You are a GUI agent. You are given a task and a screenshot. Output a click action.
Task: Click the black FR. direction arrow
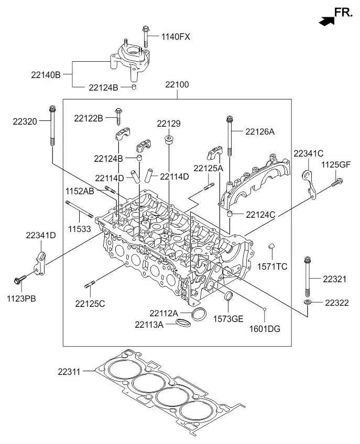coord(326,21)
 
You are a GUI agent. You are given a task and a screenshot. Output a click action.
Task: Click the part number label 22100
coord(177,84)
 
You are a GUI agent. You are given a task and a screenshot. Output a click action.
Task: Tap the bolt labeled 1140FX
coord(146,36)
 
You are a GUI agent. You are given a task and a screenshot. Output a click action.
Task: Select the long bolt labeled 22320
coord(52,126)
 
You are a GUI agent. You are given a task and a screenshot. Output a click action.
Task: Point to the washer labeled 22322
coord(307,303)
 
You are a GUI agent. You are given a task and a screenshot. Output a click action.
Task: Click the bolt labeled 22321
coord(307,276)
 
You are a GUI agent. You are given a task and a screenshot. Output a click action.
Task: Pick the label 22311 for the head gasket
coord(69,372)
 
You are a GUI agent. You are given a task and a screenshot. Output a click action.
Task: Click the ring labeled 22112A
coord(199,314)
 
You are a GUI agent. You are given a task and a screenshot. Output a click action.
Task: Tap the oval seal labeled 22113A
coord(183,323)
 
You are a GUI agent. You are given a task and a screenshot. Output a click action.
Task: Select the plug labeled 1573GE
coord(228,296)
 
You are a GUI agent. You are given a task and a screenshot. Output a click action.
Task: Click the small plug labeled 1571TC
coord(271,246)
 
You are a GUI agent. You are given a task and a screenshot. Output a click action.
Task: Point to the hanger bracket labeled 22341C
coord(309,184)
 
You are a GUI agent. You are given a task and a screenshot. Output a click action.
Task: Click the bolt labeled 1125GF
coord(337,182)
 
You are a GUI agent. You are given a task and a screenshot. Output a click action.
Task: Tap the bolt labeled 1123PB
coord(20,279)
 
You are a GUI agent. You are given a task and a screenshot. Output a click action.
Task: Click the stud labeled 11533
coord(79,209)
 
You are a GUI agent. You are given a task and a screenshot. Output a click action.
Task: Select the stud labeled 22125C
coord(90,284)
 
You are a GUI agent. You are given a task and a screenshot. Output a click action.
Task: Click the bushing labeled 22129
coord(169,140)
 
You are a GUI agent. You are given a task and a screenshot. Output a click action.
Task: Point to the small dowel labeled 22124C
coord(230,214)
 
